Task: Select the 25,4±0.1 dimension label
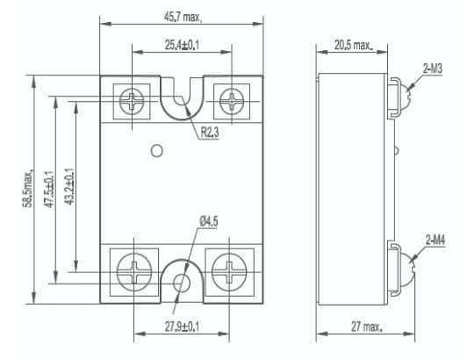pyautogui.click(x=182, y=46)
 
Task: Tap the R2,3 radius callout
pyautogui.click(x=210, y=133)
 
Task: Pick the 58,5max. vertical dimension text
pyautogui.click(x=27, y=186)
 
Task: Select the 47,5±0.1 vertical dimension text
pyautogui.click(x=50, y=186)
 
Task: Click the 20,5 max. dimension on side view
pyautogui.click(x=352, y=46)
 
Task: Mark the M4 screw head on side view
pyautogui.click(x=403, y=268)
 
